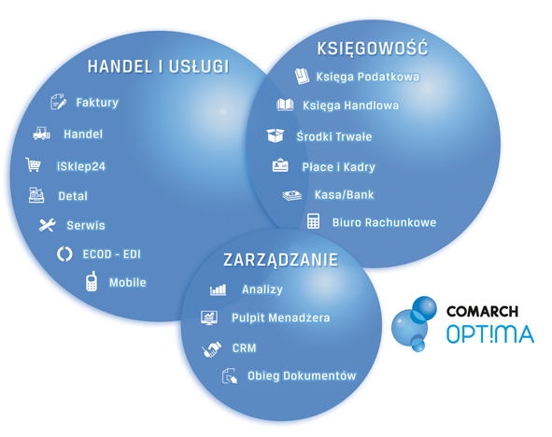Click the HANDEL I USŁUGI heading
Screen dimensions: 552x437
158,66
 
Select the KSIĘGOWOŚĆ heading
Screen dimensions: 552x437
373,48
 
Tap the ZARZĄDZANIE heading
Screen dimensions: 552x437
280,260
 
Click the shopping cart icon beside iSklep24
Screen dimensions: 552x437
33,164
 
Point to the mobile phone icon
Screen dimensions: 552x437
92,281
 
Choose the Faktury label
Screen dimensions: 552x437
97,103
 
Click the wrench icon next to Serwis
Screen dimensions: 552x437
48,225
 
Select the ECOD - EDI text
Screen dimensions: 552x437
111,254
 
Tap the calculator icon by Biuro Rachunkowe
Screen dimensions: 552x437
313,221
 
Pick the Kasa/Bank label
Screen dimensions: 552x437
345,194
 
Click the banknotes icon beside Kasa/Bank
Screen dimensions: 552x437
291,195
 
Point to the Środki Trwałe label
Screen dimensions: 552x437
334,136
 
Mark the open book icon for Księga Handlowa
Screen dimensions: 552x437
285,105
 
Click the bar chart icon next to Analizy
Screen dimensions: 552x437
218,289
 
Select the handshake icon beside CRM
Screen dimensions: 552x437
211,349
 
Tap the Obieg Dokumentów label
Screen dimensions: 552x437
302,375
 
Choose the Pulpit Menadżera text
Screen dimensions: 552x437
280,317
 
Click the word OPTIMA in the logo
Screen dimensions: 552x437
490,334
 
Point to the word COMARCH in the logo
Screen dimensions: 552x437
482,311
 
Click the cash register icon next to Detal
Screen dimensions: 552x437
36,195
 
